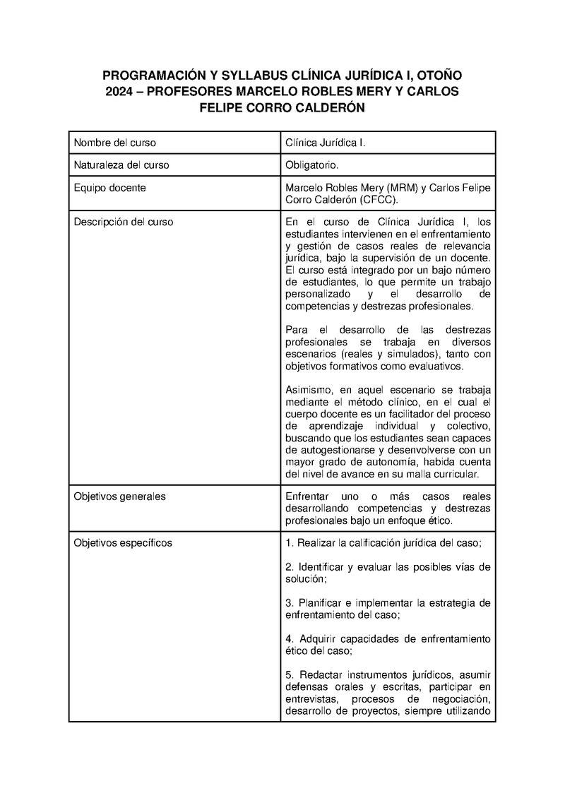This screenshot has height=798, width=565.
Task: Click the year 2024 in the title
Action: pyautogui.click(x=120, y=92)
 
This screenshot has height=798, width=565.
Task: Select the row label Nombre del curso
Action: pyautogui.click(x=115, y=143)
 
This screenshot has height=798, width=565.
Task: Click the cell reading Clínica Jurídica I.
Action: pyautogui.click(x=325, y=143)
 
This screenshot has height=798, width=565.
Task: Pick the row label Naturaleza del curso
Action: pyautogui.click(x=121, y=165)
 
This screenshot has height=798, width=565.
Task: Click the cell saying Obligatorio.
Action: pyautogui.click(x=312, y=165)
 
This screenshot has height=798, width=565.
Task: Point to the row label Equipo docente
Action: pyautogui.click(x=109, y=188)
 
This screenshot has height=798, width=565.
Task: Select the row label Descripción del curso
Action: pyautogui.click(x=124, y=222)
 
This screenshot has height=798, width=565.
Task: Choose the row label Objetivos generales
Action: pyautogui.click(x=120, y=496)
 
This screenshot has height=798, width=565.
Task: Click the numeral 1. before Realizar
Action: pyautogui.click(x=290, y=543)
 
